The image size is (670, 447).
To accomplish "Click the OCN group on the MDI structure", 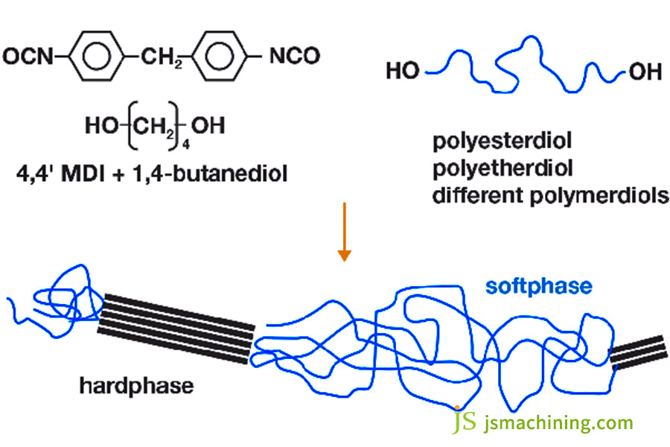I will pos(28,55).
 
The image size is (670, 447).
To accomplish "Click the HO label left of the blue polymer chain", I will pos(403,71).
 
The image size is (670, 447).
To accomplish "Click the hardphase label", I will pos(137,385).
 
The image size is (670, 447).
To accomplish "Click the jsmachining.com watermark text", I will pos(558,423).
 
